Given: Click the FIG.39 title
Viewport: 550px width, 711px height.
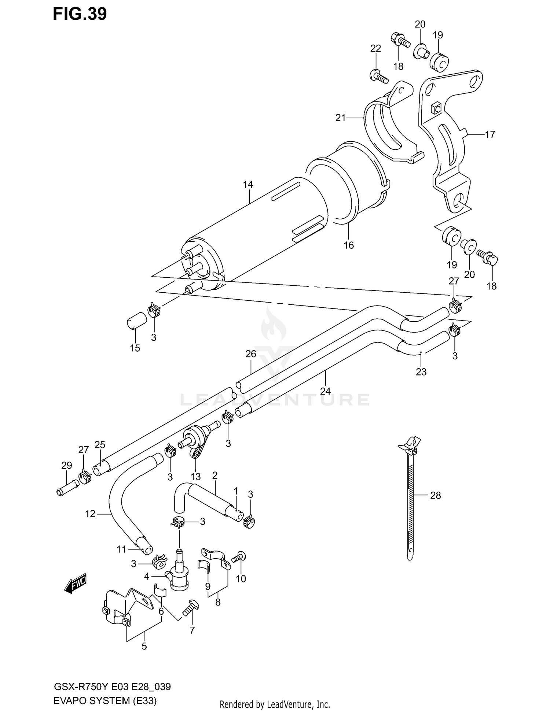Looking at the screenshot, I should (x=80, y=14).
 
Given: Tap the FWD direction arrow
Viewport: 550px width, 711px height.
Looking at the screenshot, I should (x=76, y=583).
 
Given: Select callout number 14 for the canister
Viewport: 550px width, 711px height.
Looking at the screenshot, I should (x=248, y=185).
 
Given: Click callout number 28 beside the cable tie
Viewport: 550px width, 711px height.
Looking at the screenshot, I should (x=435, y=495).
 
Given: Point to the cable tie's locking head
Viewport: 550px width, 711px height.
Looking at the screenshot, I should (x=410, y=445).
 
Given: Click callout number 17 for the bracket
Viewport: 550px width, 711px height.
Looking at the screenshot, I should (x=490, y=134).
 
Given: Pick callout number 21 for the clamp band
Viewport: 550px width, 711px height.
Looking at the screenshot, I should (x=341, y=118).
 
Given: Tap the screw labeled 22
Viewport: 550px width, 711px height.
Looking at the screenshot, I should (x=378, y=76).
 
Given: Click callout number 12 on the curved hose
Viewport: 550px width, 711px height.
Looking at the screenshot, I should (x=90, y=514).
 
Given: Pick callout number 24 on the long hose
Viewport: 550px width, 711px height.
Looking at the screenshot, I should (x=325, y=391).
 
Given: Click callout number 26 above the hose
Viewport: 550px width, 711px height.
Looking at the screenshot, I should (x=251, y=354).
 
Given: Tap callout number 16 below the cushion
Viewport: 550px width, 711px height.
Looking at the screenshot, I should (x=348, y=245).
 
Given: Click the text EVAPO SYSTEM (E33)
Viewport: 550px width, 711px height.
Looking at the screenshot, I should (x=105, y=701).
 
